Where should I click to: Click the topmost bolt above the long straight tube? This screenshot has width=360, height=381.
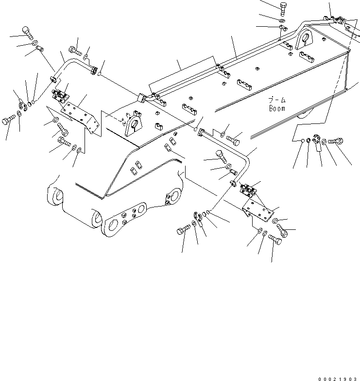coord(283,8)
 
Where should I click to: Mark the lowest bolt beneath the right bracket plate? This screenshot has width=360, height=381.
coord(275,240)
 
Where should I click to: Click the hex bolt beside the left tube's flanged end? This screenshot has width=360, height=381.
coord(75,49)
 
